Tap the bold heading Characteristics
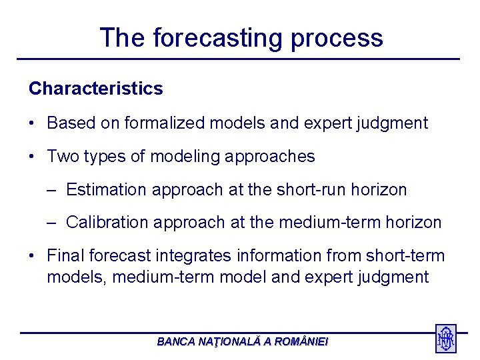95,89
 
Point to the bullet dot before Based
32,123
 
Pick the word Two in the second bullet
62,157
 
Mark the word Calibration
107,223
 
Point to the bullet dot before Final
32,256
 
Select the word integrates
190,256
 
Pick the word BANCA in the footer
176,341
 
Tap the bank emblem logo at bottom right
445,339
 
